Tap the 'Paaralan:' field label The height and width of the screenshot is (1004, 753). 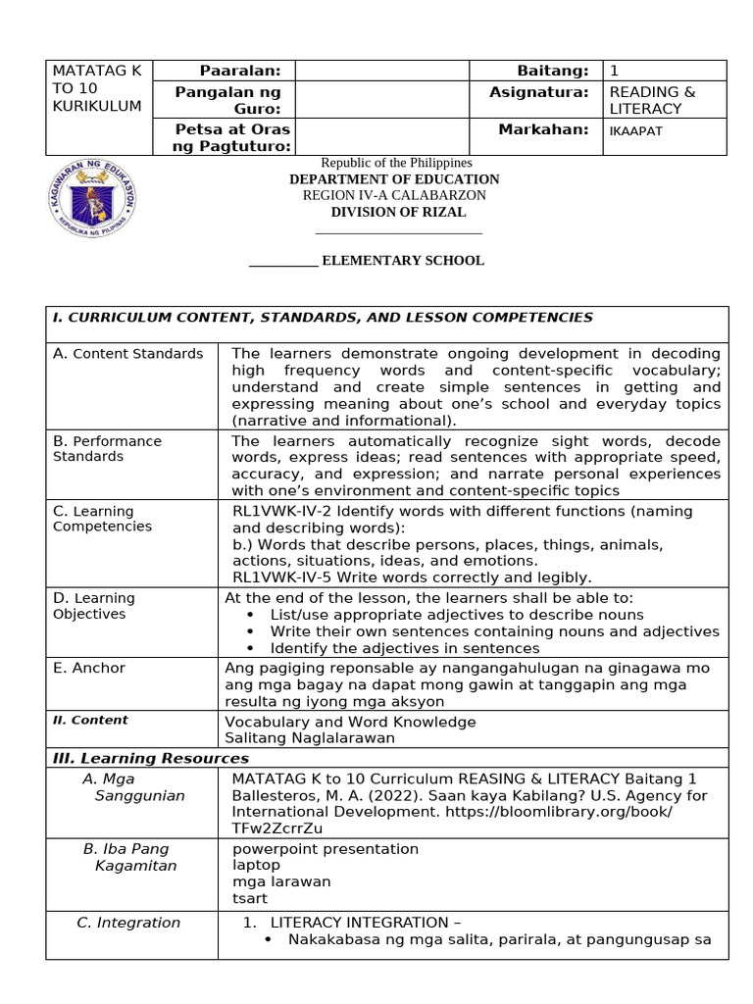tap(240, 71)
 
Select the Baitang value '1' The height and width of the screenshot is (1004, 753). tap(614, 71)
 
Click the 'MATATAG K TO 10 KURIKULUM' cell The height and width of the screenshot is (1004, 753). tap(97, 87)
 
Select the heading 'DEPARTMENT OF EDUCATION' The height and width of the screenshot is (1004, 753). tap(394, 179)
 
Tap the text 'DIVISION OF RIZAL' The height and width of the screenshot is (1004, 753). tap(398, 212)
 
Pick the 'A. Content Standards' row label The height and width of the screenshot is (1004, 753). tap(127, 354)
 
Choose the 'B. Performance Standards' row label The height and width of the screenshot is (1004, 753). tap(107, 448)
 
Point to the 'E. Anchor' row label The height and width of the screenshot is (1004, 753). tap(89, 668)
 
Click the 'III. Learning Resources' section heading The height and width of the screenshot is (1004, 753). tap(151, 758)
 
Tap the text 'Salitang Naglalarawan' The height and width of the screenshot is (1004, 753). tap(310, 737)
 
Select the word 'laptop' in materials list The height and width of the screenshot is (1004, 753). tap(256, 865)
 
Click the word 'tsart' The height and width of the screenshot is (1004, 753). tap(249, 897)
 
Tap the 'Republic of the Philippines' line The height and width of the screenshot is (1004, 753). tap(397, 163)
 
